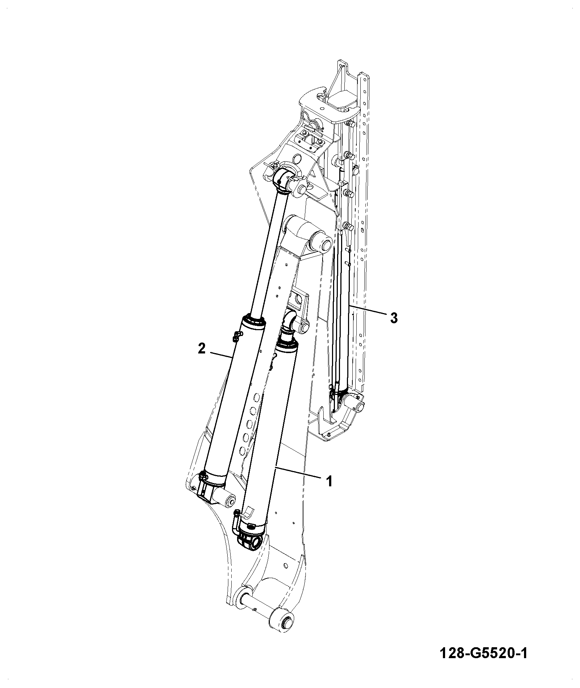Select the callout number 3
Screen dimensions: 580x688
393,318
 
